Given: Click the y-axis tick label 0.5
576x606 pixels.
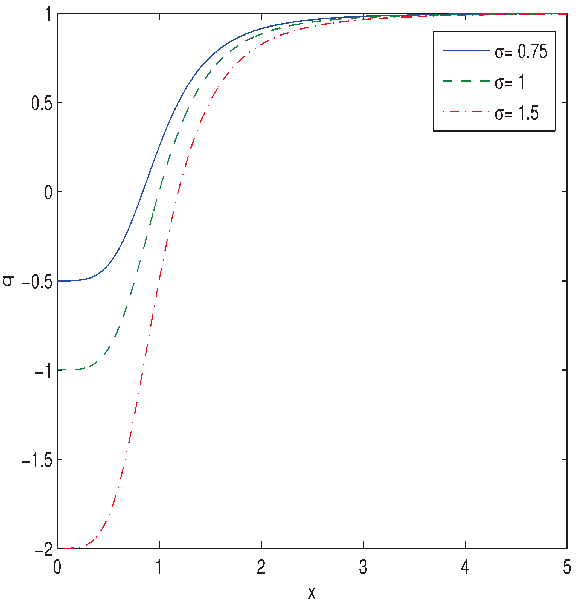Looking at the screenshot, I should [x=42, y=104].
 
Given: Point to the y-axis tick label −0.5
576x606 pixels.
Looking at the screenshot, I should [x=37, y=282].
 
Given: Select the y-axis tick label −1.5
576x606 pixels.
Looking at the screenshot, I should [x=37, y=461].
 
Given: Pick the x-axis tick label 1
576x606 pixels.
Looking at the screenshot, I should [x=159, y=568].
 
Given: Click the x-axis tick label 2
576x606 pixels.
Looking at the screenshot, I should [x=261, y=568].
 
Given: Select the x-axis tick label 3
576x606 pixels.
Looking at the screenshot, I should [x=363, y=568].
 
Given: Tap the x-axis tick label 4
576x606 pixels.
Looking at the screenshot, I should [x=465, y=568].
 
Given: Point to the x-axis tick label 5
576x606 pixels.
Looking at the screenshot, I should [x=567, y=568].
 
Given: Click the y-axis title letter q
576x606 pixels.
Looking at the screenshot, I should [x=8, y=281].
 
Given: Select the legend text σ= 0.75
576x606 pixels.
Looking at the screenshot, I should [x=521, y=51].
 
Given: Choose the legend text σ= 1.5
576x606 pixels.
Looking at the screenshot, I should [x=516, y=113].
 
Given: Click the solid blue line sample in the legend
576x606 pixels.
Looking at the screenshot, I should [x=466, y=50].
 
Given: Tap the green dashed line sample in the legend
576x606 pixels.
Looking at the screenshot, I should [x=466, y=82].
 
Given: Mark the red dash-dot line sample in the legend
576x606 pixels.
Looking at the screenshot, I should [x=466, y=112].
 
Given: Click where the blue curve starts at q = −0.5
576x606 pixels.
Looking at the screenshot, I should [x=58, y=281].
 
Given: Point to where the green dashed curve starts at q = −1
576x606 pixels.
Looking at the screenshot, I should [x=58, y=370].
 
